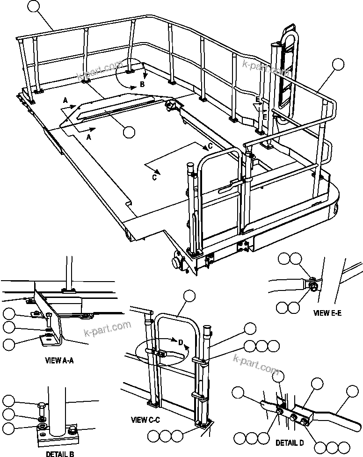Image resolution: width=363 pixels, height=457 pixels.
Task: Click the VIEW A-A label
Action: coord(60,361)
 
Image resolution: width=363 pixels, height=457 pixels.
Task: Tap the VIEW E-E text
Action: coord(327,313)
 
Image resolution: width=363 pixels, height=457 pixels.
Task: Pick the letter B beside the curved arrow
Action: coord(142,85)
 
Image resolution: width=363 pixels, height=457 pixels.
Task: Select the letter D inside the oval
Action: coord(181,341)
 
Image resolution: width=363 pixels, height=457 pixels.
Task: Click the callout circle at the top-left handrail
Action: coord(34,6)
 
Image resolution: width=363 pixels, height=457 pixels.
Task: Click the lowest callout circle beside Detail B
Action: coord(9,428)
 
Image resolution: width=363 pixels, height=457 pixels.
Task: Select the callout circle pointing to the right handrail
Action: coord(338,65)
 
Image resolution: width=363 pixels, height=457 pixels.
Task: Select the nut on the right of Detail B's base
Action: coord(73,429)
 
